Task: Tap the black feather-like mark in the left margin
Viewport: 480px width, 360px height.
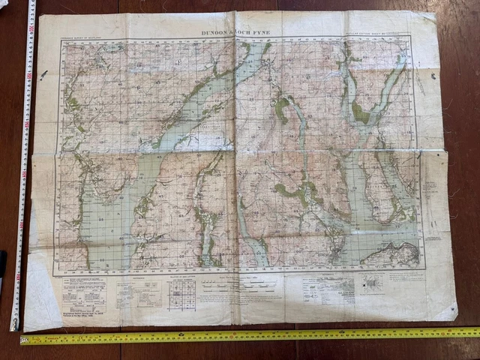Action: click(x=44, y=74)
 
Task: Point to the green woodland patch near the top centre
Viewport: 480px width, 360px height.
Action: click(x=281, y=109)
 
